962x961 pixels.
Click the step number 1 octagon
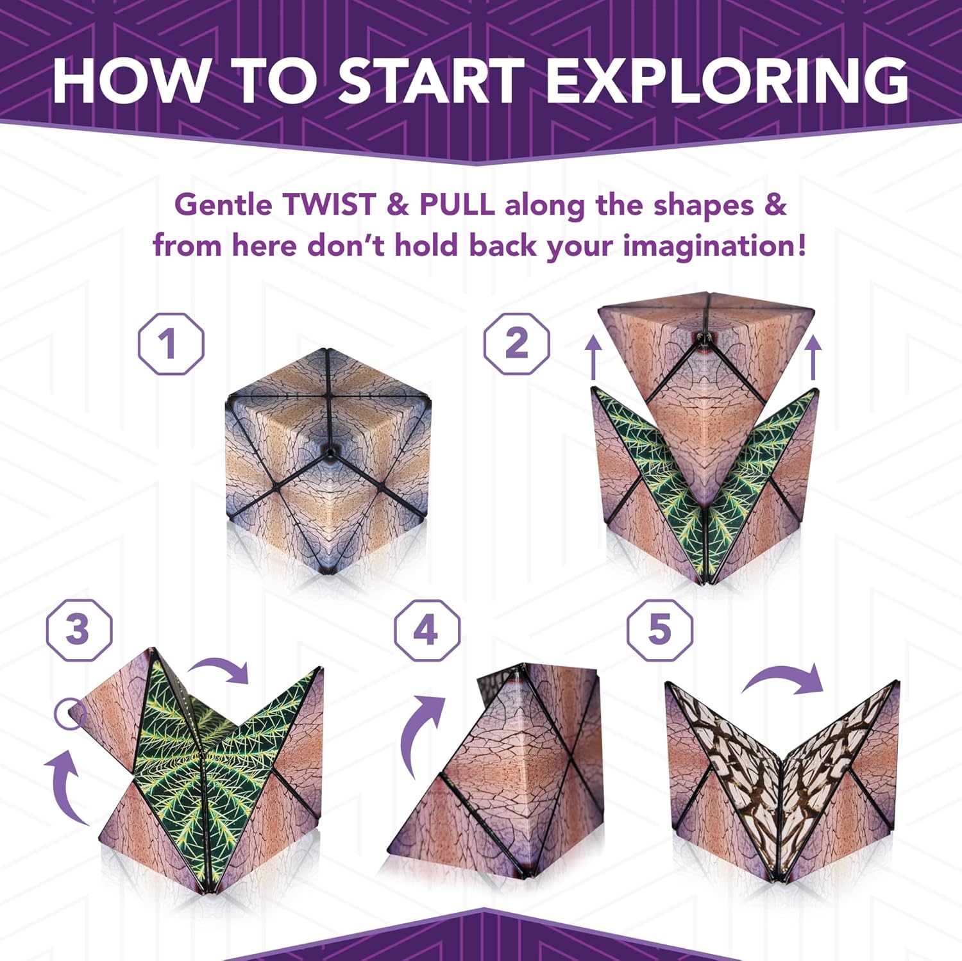pos(171,344)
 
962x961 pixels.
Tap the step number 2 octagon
pos(516,344)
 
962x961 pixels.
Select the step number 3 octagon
pos(79,630)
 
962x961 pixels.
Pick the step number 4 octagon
pos(426,630)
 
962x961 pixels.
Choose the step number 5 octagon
pos(659,630)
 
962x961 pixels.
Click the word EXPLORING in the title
pos(727,81)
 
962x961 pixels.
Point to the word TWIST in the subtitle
pos(329,205)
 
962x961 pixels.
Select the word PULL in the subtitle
pos(457,205)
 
